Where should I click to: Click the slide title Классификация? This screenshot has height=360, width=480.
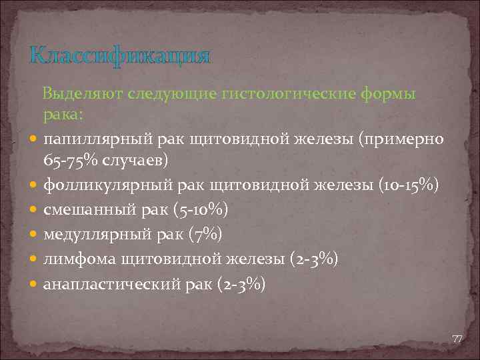point(119,55)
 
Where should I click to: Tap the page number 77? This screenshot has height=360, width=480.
point(457,339)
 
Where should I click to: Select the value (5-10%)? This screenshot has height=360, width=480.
point(200,209)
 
